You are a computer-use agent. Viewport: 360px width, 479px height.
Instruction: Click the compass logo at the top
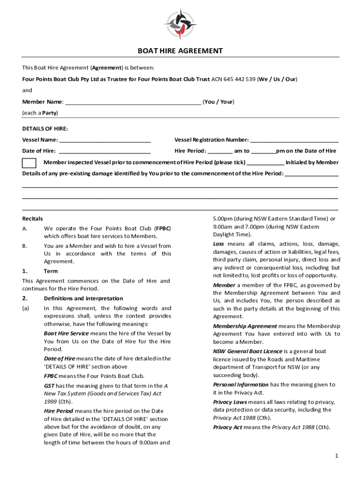coord(180,24)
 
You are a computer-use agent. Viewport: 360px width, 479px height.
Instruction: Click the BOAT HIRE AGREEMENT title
coord(180,51)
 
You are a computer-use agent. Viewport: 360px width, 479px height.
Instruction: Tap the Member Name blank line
coord(133,102)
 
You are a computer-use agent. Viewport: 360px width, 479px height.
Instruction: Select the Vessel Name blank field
coord(105,140)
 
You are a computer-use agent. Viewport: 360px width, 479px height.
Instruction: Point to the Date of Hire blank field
coord(105,152)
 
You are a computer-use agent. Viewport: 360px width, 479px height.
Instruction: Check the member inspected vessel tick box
coord(29,163)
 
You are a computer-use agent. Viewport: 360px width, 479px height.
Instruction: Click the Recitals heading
coord(33,218)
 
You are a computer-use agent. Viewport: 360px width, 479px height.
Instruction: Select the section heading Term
coord(50,271)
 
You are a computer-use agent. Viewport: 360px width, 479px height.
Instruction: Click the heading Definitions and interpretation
coord(83,298)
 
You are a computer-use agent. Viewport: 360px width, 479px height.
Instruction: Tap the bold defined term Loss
coord(219,244)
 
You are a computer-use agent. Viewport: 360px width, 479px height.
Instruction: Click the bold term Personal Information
coord(241,385)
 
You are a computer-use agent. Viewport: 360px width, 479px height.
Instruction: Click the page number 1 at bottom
coord(336,456)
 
